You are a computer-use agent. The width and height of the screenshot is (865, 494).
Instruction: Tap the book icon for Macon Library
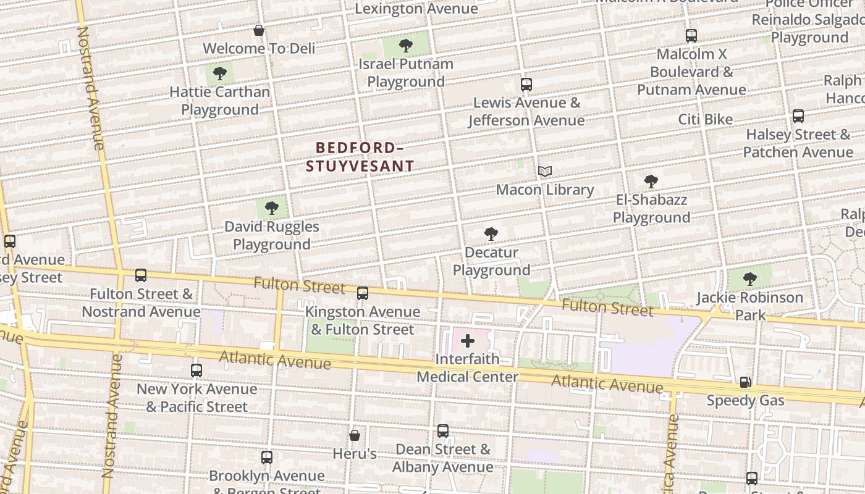point(544,171)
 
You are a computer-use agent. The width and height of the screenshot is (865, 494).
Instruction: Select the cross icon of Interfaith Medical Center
point(468,340)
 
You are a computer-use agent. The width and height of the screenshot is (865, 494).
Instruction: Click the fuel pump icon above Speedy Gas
point(746,382)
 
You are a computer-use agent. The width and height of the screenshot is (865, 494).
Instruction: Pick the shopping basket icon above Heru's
point(355,435)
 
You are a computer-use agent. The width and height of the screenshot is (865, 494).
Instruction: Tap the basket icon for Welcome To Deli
point(259,30)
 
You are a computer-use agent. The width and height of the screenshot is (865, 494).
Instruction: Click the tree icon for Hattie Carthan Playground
point(219,74)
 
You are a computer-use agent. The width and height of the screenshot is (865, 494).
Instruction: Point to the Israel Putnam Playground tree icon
point(406,45)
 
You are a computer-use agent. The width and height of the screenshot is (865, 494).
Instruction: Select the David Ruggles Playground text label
point(272,235)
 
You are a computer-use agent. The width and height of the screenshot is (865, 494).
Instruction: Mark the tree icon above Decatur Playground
point(491,234)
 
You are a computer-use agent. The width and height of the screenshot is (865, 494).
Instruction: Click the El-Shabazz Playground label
point(651,209)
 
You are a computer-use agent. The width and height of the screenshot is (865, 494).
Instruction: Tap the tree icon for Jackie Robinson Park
point(749,279)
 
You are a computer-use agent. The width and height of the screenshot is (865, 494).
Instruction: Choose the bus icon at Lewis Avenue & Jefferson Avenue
point(526,85)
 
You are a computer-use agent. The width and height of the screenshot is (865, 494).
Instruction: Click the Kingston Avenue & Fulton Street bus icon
point(363,293)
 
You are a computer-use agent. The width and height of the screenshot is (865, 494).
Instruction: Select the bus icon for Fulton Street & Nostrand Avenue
point(141,275)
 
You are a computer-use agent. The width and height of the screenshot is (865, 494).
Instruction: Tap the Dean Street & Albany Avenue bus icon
point(443,431)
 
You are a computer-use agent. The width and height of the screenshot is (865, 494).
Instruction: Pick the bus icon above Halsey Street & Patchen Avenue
point(798,116)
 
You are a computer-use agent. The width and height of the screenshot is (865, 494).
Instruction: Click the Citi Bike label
point(706,119)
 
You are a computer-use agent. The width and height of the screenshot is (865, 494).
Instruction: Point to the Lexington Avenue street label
point(416,9)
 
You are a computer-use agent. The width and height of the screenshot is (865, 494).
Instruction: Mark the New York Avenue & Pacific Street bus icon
point(196,371)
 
